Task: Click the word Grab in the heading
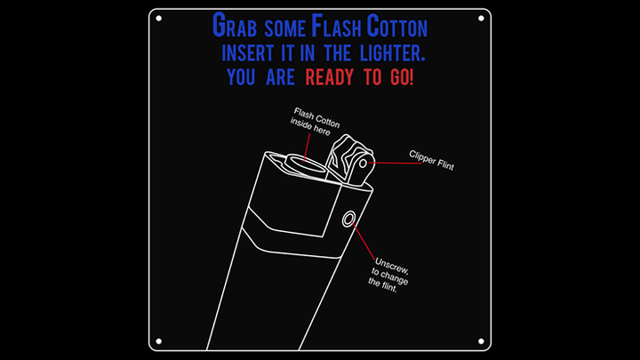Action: pyautogui.click(x=235, y=25)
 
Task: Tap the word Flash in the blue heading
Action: pyautogui.click(x=336, y=25)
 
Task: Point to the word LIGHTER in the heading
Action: pyautogui.click(x=393, y=53)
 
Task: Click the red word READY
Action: pyautogui.click(x=330, y=77)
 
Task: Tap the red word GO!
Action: pyautogui.click(x=402, y=77)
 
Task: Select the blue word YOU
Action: pyautogui.click(x=241, y=77)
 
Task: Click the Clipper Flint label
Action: pyautogui.click(x=431, y=160)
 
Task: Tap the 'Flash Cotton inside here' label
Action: pyautogui.click(x=315, y=121)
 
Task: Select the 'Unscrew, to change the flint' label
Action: pyautogui.click(x=388, y=275)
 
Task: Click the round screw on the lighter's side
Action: pyautogui.click(x=348, y=220)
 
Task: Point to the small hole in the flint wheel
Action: pyautogui.click(x=363, y=164)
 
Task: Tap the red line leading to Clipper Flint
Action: pyautogui.click(x=395, y=164)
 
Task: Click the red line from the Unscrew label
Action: pyautogui.click(x=363, y=241)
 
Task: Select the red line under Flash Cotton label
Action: pyautogui.click(x=307, y=148)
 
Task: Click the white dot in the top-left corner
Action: pyautogui.click(x=159, y=19)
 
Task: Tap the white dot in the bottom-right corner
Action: pyautogui.click(x=481, y=341)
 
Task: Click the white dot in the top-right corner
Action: pyautogui.click(x=481, y=19)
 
